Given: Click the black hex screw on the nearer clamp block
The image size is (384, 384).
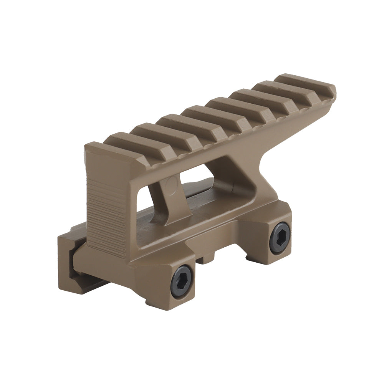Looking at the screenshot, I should (x=181, y=281).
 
